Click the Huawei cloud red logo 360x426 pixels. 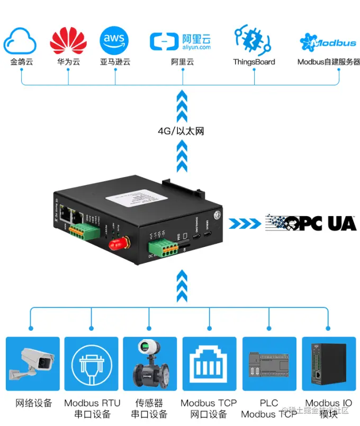[68, 40]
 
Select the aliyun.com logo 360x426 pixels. [181, 41]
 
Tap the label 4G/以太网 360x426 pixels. [181, 131]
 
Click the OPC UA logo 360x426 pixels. [311, 223]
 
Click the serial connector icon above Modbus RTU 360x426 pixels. [91, 365]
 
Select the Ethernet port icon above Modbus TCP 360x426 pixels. [209, 365]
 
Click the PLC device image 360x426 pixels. [269, 365]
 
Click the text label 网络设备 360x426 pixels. [34, 403]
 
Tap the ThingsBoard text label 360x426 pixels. [254, 62]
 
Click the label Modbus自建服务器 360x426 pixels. [328, 62]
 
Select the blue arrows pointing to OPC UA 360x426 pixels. [246, 223]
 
